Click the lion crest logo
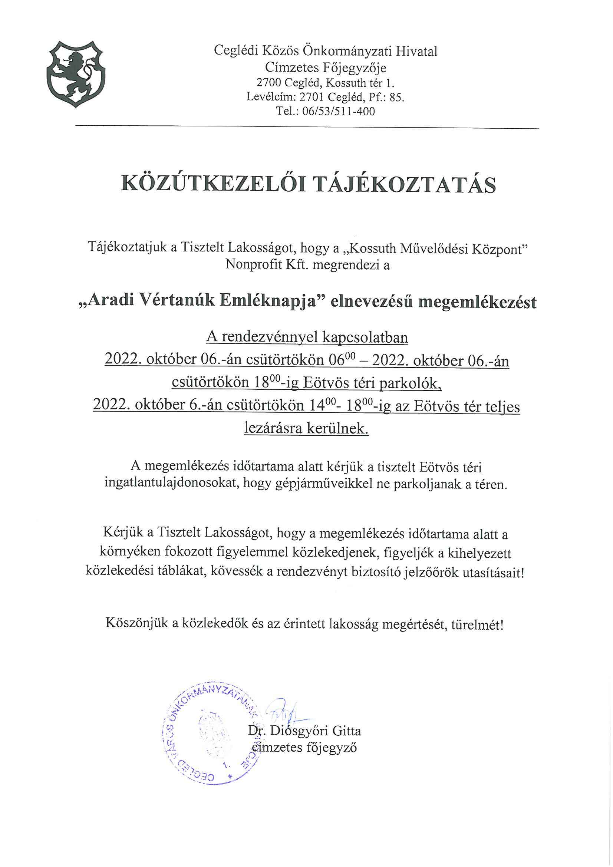point(76,74)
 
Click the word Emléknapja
point(273,302)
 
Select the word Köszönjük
point(137,623)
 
